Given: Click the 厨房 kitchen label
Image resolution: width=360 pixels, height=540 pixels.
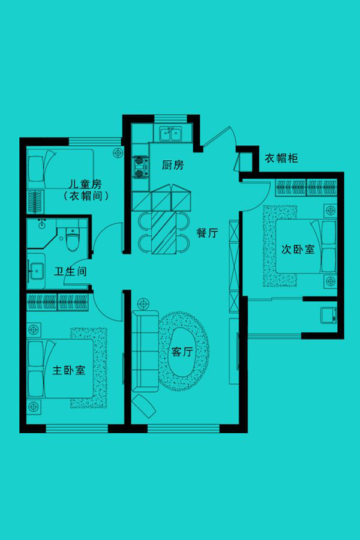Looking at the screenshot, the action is pos(173,165).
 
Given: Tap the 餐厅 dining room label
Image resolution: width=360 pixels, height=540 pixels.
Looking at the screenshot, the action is pos(208,233).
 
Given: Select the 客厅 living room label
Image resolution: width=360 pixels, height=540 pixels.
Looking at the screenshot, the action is pos(182,352).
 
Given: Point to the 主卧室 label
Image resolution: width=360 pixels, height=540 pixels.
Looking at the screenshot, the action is pos(68,370).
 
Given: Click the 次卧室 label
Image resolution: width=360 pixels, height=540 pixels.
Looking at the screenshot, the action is pos(298,249).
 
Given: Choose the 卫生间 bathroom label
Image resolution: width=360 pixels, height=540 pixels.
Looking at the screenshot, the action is pos(70,271).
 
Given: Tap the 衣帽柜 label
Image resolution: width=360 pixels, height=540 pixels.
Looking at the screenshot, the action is pos(281,158).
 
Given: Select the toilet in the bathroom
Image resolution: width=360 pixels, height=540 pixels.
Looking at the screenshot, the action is pos(72,239).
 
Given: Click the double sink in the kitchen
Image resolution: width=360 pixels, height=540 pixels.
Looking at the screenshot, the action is pos(170,134).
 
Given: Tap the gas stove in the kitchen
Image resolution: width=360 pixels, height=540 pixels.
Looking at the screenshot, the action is pos(139,167).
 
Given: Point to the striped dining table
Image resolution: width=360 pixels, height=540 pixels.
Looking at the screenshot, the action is pos(164,232).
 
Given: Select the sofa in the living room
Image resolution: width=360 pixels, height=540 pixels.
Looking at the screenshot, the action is pos(145,350).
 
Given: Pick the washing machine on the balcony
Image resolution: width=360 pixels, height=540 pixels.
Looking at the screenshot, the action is pos(328,315).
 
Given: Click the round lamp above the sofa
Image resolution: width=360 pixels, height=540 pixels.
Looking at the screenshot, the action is pos(143,304).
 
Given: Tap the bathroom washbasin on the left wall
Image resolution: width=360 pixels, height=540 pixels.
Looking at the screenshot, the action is pos(36,271).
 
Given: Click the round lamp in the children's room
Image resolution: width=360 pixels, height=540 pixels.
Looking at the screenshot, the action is pos(118,153).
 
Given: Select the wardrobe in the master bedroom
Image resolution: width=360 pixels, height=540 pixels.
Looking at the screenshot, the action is pos(58,302).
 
